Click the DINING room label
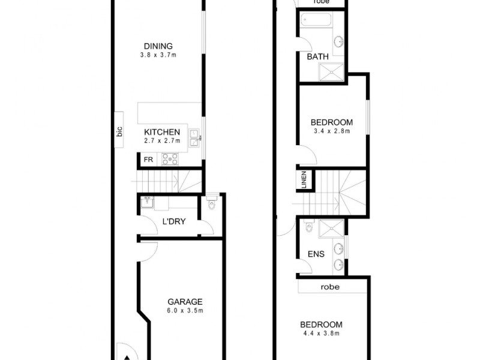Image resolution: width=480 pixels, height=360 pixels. (x=158, y=46)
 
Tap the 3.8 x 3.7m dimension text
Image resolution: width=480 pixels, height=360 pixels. (x=158, y=55)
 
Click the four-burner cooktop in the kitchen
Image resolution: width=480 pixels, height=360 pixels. (x=170, y=159)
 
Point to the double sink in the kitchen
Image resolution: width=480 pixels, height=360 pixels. (x=194, y=137)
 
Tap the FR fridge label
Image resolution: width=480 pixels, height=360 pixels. (x=147, y=160)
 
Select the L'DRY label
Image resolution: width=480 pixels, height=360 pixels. (x=174, y=221)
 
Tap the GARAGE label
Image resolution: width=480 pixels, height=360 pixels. (x=185, y=302)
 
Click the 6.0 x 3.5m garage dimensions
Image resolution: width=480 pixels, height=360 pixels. (x=185, y=311)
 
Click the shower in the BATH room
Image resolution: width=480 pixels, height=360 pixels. (x=331, y=72)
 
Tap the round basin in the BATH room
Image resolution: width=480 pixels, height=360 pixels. (x=339, y=42)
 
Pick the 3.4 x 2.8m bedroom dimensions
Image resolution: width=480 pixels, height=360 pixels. (x=331, y=130)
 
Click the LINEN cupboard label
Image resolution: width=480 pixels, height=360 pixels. (x=305, y=180)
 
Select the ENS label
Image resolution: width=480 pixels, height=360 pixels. (x=316, y=254)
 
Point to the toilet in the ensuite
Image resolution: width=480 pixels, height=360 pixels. (x=308, y=229)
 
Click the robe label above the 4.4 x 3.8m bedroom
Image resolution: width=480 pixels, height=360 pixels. (x=329, y=287)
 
